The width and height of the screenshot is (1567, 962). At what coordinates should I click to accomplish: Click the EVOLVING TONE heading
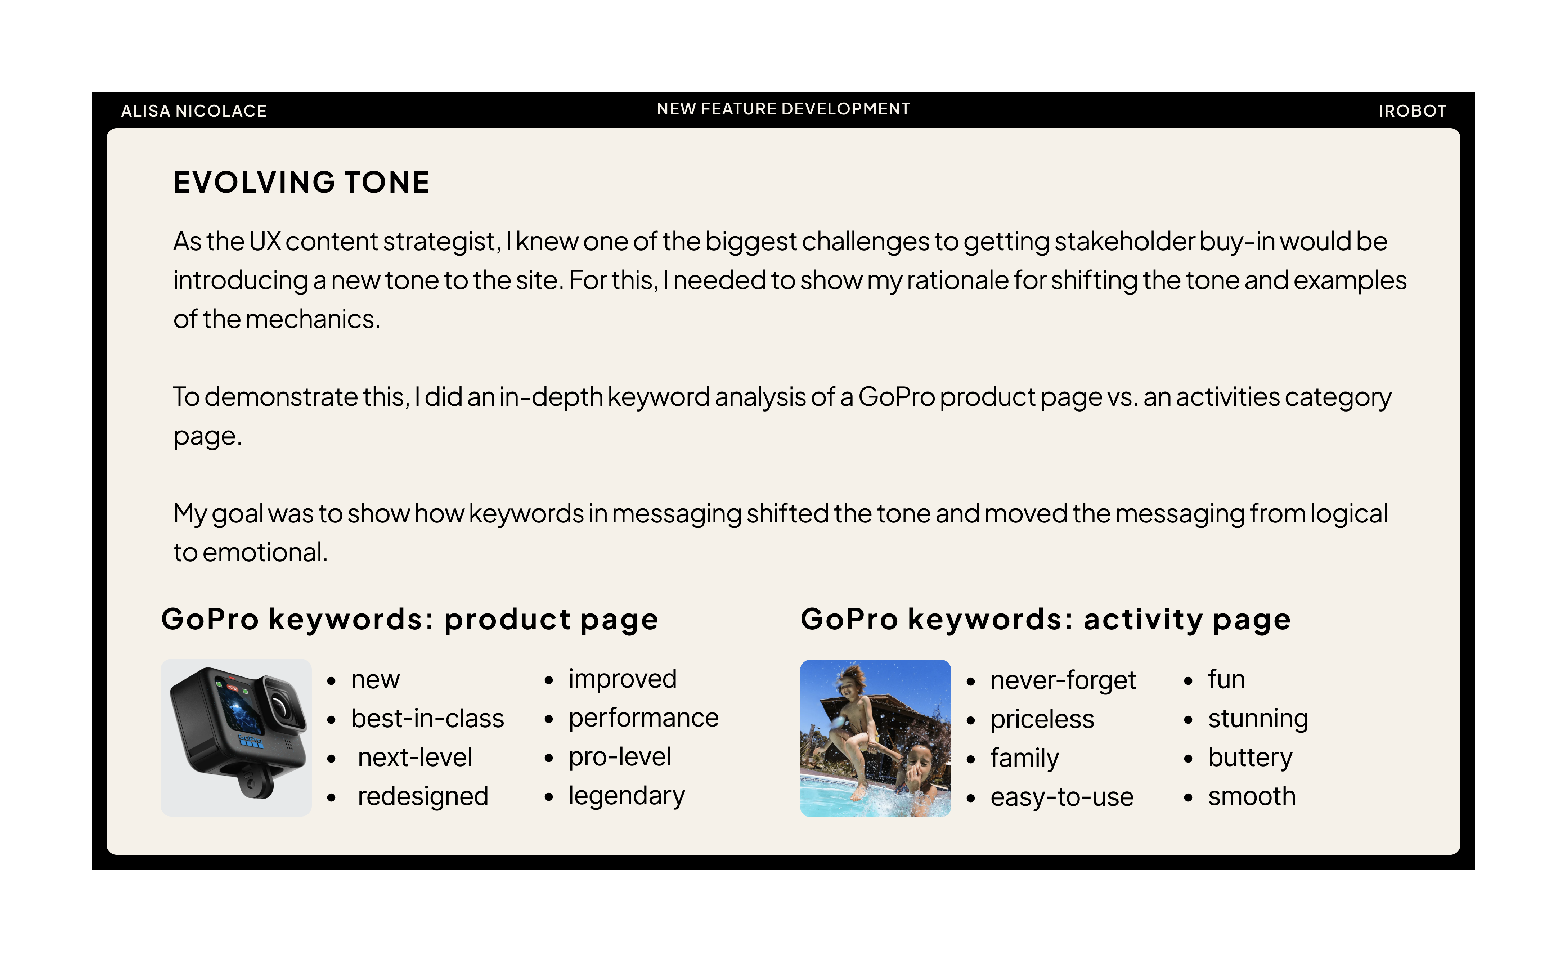pyautogui.click(x=302, y=183)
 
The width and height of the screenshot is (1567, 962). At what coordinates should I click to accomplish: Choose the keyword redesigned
pyautogui.click(x=423, y=797)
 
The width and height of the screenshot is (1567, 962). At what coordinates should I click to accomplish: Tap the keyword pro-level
pyautogui.click(x=620, y=757)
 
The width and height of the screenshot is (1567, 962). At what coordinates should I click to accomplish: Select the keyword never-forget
pyautogui.click(x=1063, y=680)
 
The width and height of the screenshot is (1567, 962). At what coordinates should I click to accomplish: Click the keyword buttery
pyautogui.click(x=1250, y=758)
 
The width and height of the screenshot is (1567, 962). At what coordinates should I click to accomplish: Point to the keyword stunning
pyautogui.click(x=1258, y=719)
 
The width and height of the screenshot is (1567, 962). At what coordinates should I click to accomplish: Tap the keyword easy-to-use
pyautogui.click(x=1062, y=797)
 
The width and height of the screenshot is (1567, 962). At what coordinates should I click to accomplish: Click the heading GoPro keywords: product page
pyautogui.click(x=410, y=619)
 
